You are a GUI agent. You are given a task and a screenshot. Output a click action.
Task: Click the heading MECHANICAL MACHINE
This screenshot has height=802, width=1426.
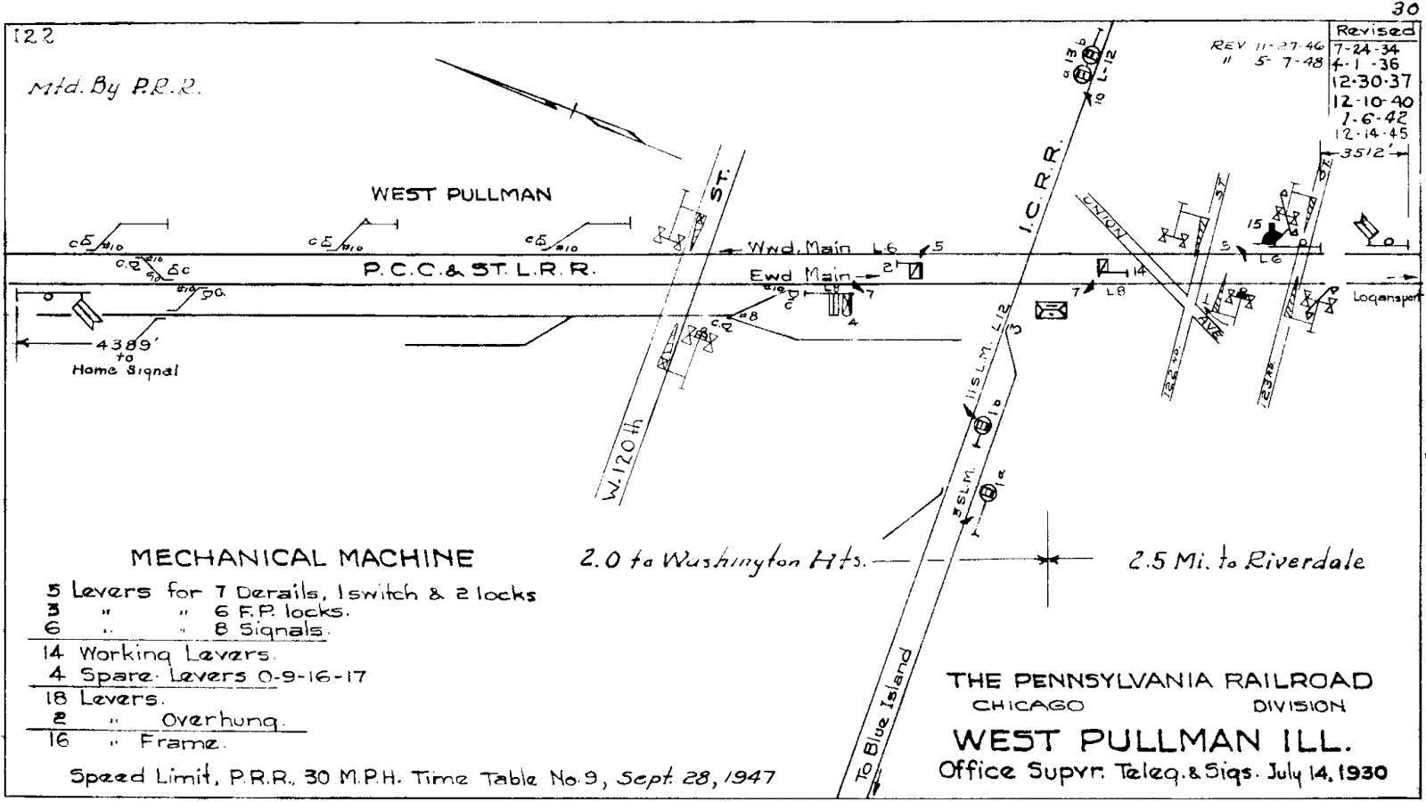tap(302, 559)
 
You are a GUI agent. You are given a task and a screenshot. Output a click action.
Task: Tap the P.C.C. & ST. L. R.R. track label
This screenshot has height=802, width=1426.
tap(478, 269)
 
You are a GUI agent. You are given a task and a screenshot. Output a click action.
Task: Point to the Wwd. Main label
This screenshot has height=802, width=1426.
tap(798, 249)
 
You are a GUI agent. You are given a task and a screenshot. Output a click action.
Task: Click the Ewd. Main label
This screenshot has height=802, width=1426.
tap(799, 275)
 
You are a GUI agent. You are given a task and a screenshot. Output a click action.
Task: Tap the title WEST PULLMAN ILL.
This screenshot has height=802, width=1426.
tap(1152, 740)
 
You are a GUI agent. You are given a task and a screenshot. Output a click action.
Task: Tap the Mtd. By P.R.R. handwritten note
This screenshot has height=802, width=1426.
tap(113, 88)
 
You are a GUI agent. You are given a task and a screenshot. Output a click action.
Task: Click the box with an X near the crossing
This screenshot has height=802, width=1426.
tap(1052, 309)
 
